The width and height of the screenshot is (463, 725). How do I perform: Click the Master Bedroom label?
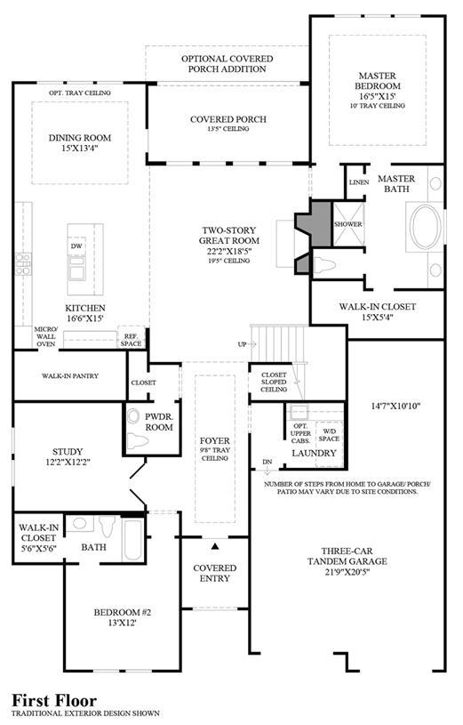[x=378, y=80]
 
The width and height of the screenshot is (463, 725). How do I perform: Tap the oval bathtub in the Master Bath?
[x=426, y=227]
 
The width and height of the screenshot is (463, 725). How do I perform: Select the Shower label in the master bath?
[x=348, y=224]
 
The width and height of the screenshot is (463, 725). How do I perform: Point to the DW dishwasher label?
[x=76, y=246]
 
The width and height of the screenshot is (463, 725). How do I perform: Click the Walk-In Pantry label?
[x=70, y=376]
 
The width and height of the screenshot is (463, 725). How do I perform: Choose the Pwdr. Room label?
[x=158, y=422]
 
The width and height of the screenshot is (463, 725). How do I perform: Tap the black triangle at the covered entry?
[x=214, y=546]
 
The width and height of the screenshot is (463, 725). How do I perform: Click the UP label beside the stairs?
[x=242, y=344]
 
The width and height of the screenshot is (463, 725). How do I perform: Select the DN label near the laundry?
[x=267, y=462]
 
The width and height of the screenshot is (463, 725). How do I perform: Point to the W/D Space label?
[x=329, y=435]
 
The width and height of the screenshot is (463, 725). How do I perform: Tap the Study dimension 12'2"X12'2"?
[x=68, y=462]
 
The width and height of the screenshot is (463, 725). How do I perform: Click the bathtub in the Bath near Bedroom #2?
[x=133, y=540]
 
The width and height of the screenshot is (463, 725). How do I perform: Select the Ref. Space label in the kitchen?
[x=132, y=340]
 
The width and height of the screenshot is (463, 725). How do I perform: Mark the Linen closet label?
[x=359, y=182]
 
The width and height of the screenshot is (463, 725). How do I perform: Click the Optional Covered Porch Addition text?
[x=227, y=64]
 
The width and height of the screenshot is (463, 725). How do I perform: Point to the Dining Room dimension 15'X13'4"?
[x=80, y=148]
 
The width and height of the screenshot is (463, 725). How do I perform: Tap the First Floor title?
[x=54, y=700]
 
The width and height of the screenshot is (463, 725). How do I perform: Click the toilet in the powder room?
[x=138, y=440]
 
